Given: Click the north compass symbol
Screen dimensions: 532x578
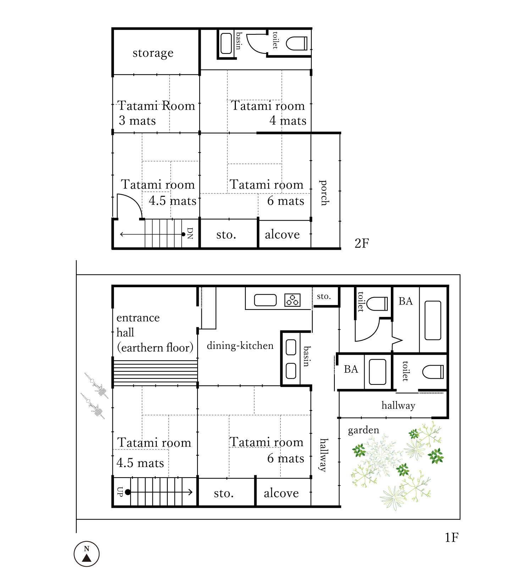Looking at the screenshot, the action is click(x=87, y=554).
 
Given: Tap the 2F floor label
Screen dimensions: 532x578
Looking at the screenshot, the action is click(x=362, y=243).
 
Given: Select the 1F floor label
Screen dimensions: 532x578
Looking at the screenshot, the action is click(x=451, y=538).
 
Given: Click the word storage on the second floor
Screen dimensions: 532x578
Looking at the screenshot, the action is click(x=153, y=53).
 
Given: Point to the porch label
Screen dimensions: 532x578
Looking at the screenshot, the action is click(x=324, y=193).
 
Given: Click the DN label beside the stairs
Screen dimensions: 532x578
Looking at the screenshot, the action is click(x=190, y=233).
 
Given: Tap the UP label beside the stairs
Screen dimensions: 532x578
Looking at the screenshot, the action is click(x=120, y=492).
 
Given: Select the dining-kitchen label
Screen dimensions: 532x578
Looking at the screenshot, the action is click(x=240, y=345).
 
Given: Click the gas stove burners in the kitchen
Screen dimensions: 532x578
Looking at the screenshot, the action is click(x=293, y=300).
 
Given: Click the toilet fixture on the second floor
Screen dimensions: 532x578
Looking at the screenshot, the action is click(x=297, y=44).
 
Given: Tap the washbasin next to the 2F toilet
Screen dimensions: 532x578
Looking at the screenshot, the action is click(x=226, y=44).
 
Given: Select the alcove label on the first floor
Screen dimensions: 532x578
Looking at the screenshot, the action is click(x=281, y=493).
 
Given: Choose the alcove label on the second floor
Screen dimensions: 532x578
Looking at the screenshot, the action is click(x=282, y=234).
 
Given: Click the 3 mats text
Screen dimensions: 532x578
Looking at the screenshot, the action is click(x=137, y=121).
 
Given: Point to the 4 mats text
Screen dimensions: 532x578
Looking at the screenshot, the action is click(x=288, y=121).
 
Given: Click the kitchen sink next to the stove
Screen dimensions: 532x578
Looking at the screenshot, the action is click(x=265, y=300).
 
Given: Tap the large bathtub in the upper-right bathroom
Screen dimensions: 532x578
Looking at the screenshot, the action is click(x=433, y=321).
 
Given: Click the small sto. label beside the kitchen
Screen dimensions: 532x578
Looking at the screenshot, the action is click(x=324, y=296).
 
